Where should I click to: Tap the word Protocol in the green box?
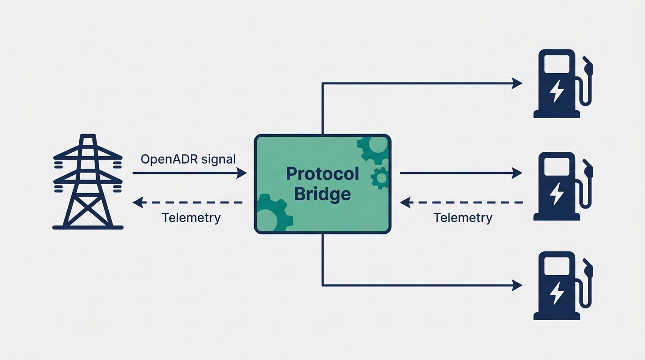[322, 174]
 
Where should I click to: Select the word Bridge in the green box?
[322, 194]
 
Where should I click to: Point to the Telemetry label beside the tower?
[191, 218]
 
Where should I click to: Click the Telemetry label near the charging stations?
[463, 218]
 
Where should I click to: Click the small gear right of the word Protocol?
[380, 178]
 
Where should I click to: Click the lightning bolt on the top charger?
[557, 91]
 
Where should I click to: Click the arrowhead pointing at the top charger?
[517, 83]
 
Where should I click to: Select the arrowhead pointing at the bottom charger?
[517, 285]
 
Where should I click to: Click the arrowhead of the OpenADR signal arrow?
[241, 173]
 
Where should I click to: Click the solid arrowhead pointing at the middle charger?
[517, 173]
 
